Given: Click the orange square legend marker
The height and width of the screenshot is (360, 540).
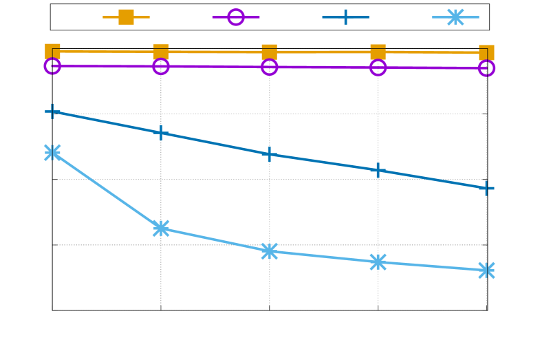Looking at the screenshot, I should (x=126, y=17).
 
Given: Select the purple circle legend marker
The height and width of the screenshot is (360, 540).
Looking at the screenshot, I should (x=236, y=17).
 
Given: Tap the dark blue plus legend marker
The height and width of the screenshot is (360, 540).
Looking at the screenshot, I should (x=345, y=17).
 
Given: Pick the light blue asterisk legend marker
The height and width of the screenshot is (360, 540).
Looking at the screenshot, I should (x=455, y=17).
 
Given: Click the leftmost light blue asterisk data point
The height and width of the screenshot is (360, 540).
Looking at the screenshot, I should (x=52, y=152).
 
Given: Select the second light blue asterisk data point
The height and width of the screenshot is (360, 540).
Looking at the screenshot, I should (x=161, y=228).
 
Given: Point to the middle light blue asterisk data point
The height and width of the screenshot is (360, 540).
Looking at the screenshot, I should (x=270, y=251).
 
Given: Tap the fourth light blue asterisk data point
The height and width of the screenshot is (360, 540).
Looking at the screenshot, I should (x=378, y=262).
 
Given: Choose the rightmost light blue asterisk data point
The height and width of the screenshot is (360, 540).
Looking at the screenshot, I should (x=486, y=270).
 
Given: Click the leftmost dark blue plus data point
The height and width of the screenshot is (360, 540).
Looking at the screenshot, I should (x=52, y=111).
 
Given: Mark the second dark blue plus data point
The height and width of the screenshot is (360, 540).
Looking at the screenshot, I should (x=161, y=132).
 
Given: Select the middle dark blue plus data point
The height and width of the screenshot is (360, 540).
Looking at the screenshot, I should (x=270, y=154).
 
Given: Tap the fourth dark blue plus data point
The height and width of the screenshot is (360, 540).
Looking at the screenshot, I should (x=378, y=170).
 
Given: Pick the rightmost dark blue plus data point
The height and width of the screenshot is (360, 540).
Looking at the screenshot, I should (x=486, y=188).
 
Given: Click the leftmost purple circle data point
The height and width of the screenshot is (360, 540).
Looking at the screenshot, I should (x=52, y=66).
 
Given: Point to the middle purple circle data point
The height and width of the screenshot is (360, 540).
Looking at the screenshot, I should (x=270, y=67).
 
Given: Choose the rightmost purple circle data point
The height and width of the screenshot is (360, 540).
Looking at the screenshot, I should (x=486, y=68).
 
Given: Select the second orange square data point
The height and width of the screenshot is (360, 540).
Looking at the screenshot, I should (x=161, y=52).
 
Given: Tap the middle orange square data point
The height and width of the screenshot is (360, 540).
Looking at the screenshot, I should (x=270, y=52).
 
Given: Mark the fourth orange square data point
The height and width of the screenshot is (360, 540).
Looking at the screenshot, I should (x=378, y=52).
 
